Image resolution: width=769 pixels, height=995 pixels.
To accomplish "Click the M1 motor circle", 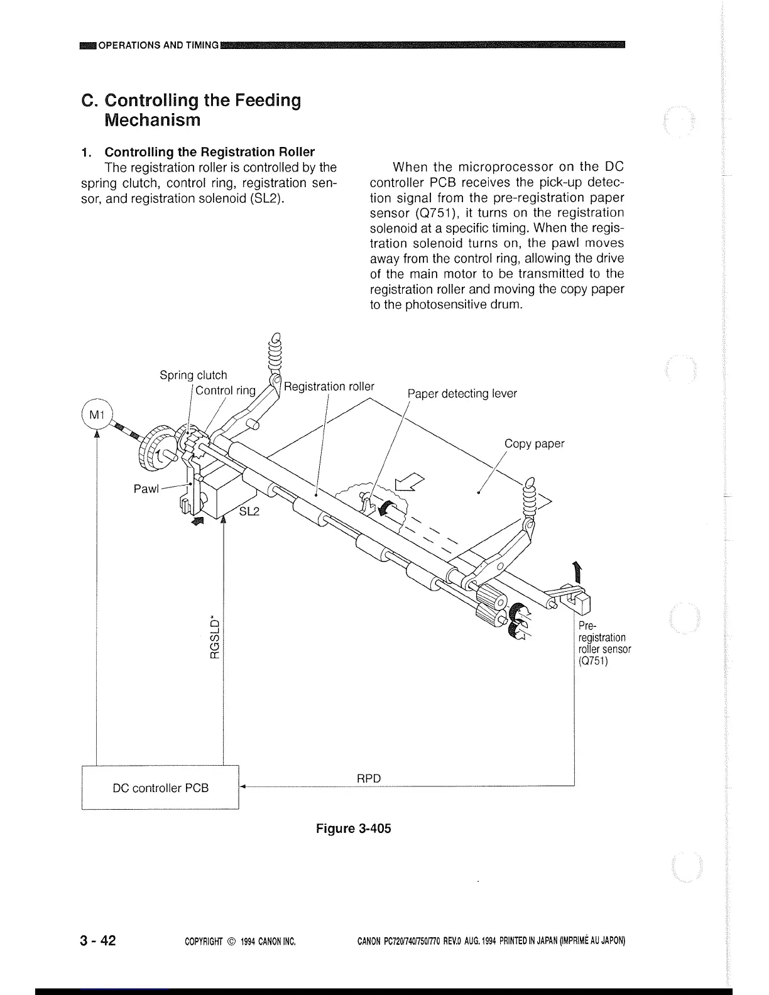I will click(95, 414).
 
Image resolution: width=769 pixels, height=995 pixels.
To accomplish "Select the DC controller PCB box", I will click(160, 788).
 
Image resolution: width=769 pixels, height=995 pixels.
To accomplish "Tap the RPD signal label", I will click(369, 778).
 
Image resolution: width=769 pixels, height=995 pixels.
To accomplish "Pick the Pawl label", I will click(146, 489).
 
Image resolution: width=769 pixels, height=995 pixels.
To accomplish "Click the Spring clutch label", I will click(193, 375).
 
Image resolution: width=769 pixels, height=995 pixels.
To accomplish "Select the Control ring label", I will click(226, 390).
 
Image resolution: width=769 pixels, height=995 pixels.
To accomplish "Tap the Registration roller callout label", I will click(329, 386).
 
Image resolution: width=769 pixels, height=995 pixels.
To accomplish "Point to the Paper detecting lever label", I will click(462, 393).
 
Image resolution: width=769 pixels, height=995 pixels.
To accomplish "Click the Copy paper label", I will click(534, 443).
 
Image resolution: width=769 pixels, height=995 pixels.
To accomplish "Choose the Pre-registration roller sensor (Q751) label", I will click(604, 643).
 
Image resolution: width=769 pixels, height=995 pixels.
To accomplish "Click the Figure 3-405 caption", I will click(353, 828).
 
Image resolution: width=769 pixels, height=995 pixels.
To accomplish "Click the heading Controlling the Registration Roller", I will click(209, 152).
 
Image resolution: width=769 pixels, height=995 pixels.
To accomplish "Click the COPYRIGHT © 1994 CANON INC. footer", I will click(241, 942).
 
